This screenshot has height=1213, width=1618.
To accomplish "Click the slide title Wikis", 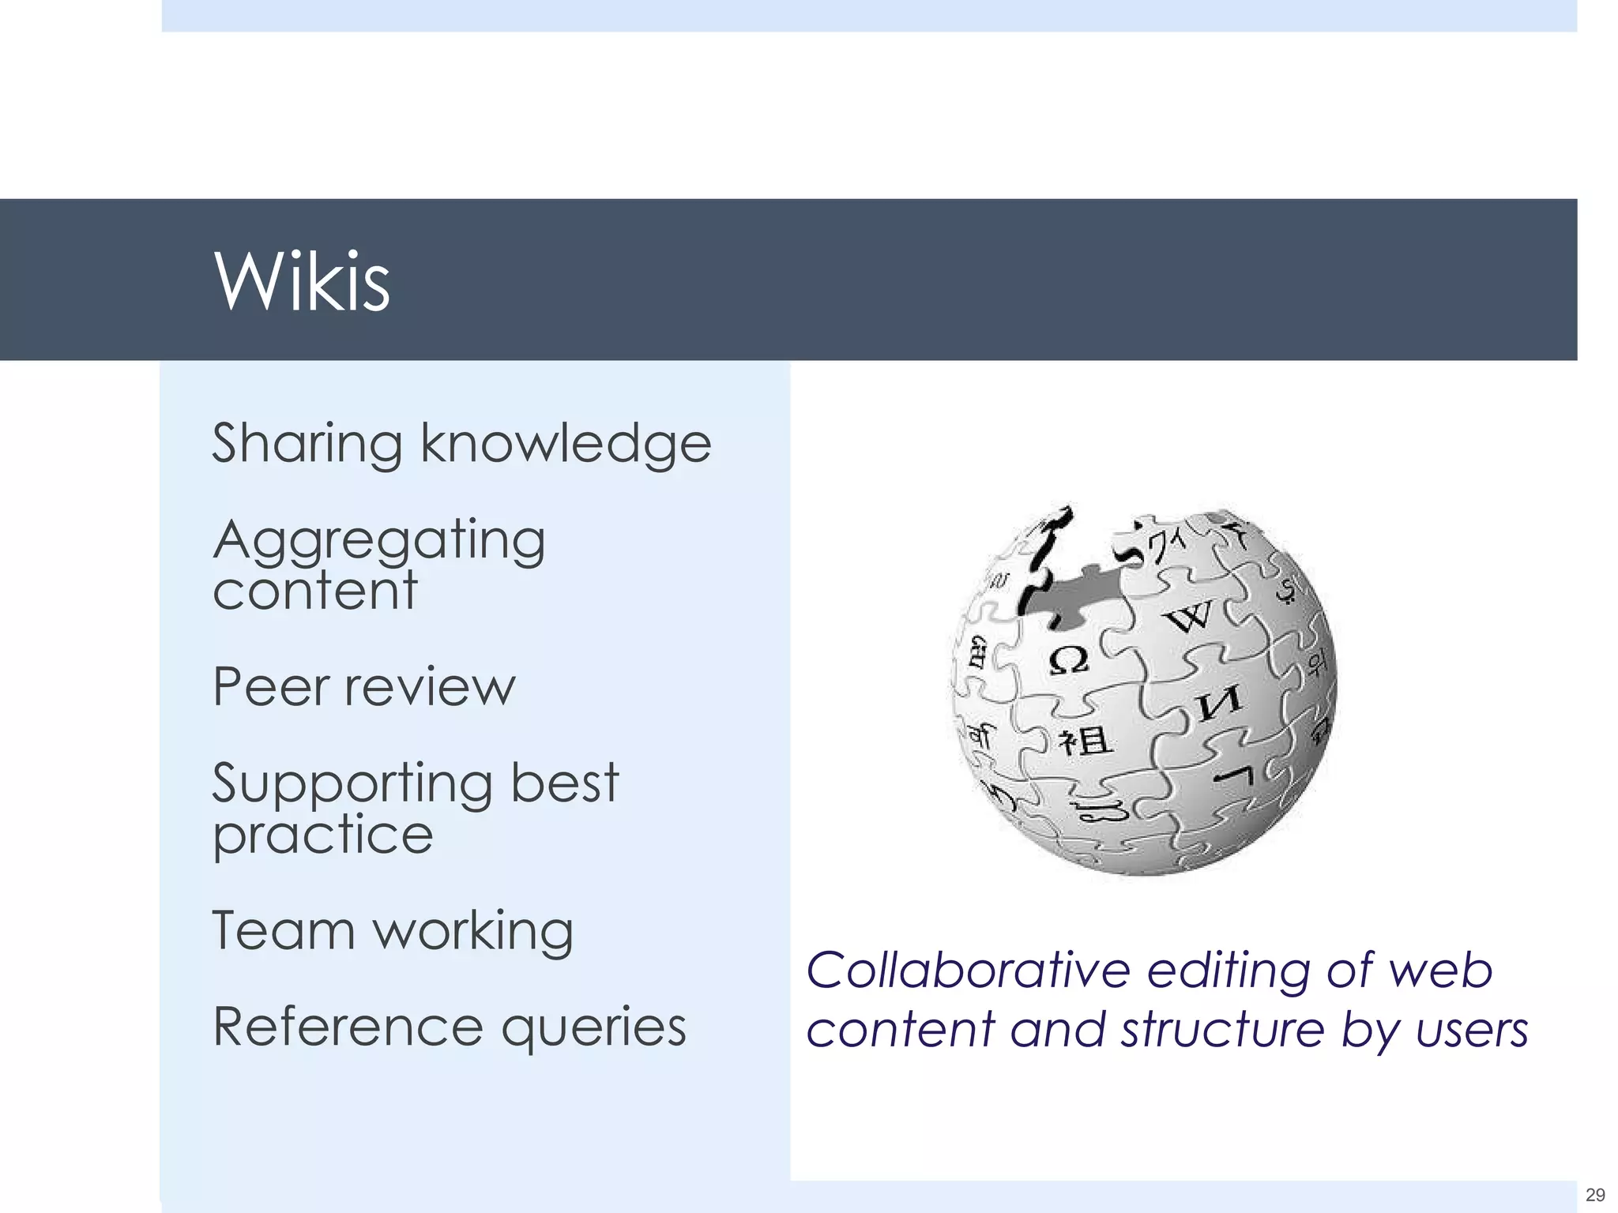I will (302, 281).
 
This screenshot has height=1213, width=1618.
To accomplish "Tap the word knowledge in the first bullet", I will (566, 444).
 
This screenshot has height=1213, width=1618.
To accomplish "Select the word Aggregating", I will (379, 542).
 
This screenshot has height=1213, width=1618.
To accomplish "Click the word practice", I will (323, 836).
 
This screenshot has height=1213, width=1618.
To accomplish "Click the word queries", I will (593, 1028).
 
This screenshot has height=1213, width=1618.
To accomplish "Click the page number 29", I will (1594, 1194).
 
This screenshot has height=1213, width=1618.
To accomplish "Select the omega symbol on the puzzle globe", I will (1068, 659).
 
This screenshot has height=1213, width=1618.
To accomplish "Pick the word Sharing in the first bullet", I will (307, 444).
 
